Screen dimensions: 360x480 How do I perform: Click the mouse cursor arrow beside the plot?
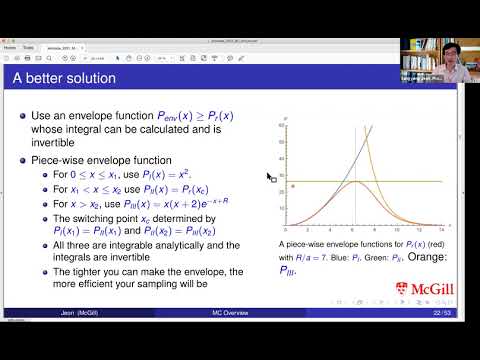[270, 178]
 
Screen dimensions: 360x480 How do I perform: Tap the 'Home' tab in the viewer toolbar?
[9, 47]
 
